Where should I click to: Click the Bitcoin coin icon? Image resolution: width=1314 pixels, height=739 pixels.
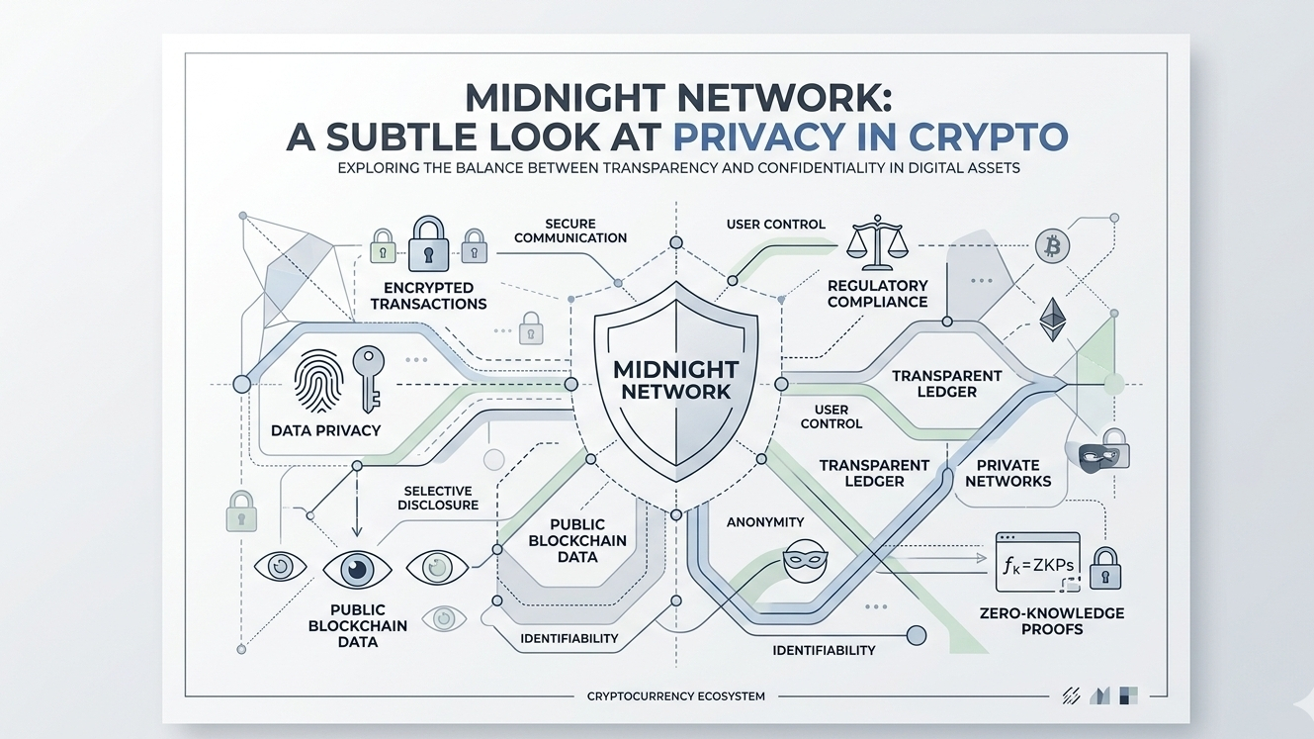[x=1052, y=245]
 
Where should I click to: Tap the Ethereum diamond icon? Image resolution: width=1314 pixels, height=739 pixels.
[x=1052, y=319]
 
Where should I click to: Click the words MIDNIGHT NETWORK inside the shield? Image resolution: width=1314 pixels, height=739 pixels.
[x=675, y=380]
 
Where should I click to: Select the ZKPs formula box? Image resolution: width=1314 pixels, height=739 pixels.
[x=1038, y=562]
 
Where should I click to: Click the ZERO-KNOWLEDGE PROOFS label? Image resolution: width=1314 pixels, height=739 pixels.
[x=1051, y=621]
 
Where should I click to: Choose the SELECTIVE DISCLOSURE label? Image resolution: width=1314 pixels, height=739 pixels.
[x=438, y=498]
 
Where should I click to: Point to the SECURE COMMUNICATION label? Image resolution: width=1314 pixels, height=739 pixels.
[x=570, y=231]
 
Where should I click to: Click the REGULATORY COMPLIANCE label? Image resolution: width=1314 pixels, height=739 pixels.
[x=877, y=294]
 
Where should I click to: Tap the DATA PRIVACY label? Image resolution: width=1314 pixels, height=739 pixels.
[x=325, y=430]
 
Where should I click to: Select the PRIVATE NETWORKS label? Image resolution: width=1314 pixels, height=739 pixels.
[x=1007, y=473]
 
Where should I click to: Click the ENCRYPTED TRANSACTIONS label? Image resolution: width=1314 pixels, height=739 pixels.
[x=428, y=296]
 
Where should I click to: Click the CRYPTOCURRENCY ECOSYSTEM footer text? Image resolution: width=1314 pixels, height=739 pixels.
[x=675, y=696]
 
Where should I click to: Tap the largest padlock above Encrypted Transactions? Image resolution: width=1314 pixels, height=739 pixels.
[x=428, y=244]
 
